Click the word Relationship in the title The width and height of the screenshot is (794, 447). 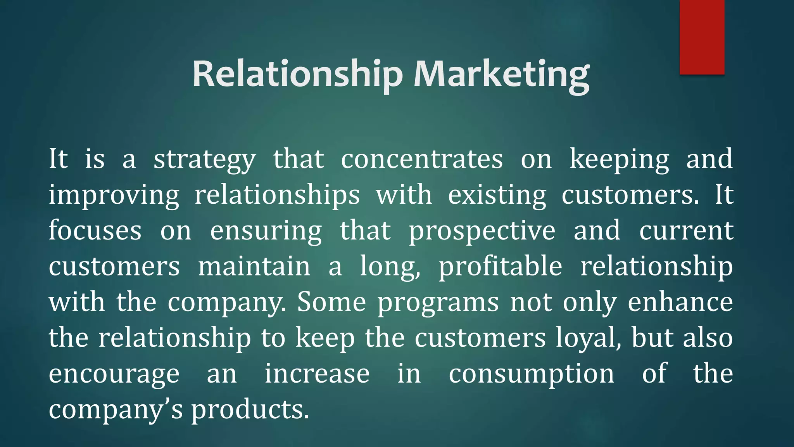click(297, 74)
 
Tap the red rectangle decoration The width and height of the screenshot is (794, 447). click(702, 37)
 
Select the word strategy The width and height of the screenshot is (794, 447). click(205, 160)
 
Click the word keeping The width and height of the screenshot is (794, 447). click(619, 160)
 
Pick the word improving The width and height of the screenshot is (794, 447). click(114, 196)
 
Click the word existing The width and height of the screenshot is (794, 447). click(497, 196)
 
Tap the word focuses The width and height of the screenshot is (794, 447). click(95, 230)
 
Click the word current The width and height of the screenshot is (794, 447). click(686, 230)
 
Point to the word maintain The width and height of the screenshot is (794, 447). click(254, 266)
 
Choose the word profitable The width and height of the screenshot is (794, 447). click(500, 267)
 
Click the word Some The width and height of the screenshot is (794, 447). click(331, 302)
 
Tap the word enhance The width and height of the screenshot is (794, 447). click(680, 302)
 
